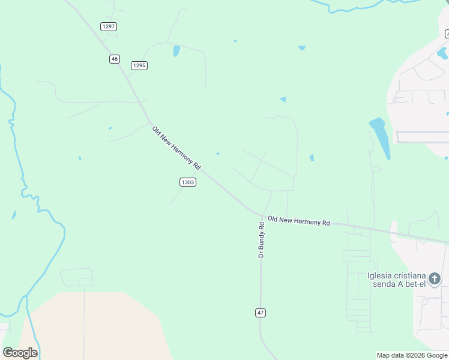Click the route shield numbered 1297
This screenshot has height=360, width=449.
click(x=109, y=26)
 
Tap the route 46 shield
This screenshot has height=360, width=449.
click(x=115, y=59)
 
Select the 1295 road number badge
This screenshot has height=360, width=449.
click(x=139, y=65)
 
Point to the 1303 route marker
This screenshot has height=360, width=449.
click(x=187, y=182)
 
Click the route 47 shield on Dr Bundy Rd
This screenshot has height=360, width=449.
click(x=261, y=313)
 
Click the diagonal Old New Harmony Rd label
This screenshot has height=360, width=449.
click(x=176, y=148)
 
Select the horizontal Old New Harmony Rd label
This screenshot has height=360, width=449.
click(x=299, y=221)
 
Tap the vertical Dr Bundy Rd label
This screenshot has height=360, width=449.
click(x=261, y=240)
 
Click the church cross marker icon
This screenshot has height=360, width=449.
click(x=435, y=278)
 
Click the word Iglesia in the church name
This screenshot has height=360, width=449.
click(x=380, y=276)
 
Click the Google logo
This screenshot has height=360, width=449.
click(x=20, y=353)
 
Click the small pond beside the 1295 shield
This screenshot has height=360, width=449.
click(x=176, y=51)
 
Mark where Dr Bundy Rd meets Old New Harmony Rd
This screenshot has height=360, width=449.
click(x=262, y=216)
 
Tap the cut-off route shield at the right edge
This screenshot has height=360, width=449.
click(x=447, y=34)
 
